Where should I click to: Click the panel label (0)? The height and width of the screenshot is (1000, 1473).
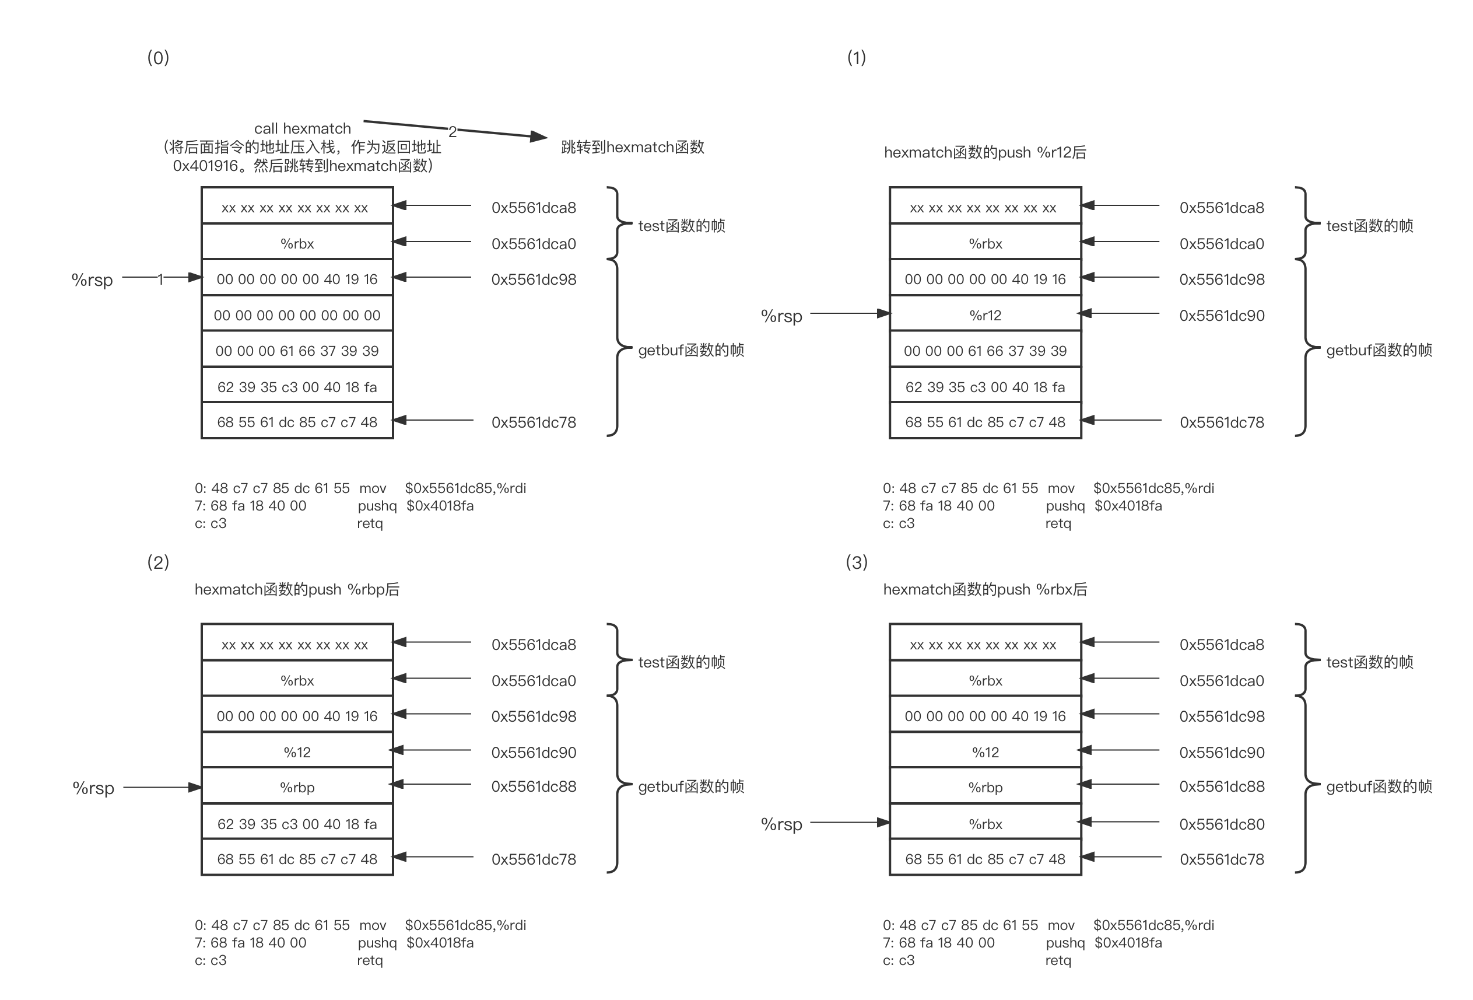[158, 58]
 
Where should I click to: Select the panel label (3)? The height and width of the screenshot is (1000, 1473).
[856, 562]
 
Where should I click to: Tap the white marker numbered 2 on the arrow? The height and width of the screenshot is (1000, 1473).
[453, 131]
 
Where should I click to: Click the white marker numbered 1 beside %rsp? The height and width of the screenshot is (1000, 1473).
[160, 278]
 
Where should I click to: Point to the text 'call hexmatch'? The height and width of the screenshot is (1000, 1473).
[302, 129]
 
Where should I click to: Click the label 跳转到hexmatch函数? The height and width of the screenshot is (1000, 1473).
[633, 147]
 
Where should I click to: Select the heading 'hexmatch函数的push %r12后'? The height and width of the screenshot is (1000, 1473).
[984, 152]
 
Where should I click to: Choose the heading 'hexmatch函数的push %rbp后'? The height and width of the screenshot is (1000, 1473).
[297, 589]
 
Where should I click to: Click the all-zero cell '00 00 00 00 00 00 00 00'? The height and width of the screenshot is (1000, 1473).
[297, 315]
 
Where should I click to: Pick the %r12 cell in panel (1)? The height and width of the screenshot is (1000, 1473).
[985, 315]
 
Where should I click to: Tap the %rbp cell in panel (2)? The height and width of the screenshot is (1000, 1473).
[297, 788]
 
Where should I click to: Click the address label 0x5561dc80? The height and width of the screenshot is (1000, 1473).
[1221, 824]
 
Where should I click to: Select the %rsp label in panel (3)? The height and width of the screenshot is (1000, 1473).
[781, 824]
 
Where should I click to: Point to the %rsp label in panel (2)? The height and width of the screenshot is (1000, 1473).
[93, 788]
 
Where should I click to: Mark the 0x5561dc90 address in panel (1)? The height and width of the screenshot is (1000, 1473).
[1221, 316]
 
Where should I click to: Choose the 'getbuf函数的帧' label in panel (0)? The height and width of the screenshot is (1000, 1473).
[690, 350]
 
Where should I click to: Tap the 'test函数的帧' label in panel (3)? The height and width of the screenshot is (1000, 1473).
[1369, 663]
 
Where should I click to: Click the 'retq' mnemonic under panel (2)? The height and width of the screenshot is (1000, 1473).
[370, 960]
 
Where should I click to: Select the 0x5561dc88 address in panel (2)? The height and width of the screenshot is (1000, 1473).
[533, 787]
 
